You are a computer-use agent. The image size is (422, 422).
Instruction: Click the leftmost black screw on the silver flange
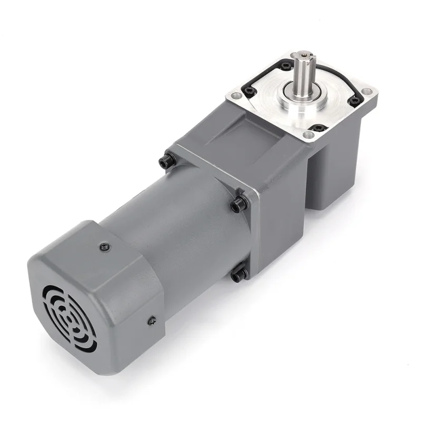pos(250,91)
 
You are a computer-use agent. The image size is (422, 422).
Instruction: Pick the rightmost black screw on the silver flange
pos(355,100)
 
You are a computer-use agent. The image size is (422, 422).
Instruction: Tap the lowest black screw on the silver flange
pos(318,128)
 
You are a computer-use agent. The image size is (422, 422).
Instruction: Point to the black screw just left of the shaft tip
pos(285,66)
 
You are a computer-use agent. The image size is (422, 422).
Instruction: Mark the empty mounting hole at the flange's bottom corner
pos(309,136)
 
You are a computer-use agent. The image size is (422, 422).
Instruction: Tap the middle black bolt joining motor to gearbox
pos(238,203)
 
